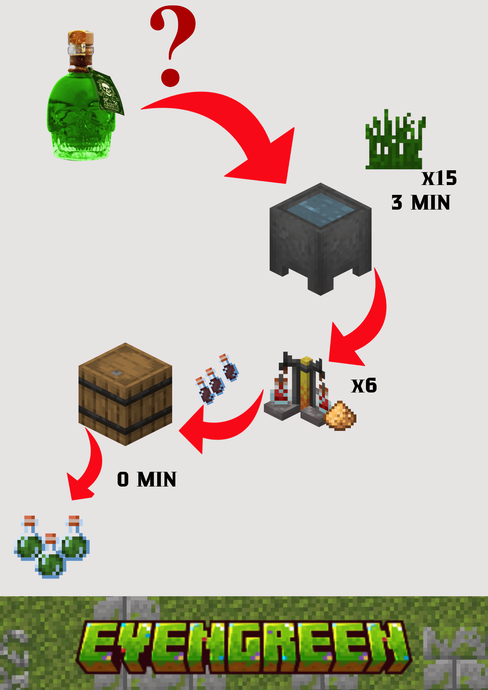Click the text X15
pos(439,178)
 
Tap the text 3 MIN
pos(421,203)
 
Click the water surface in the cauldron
pos(320,209)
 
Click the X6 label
pos(364,386)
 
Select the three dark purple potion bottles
pos(217,380)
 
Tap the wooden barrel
pos(125,395)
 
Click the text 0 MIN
pos(147,479)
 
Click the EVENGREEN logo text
pos(243,645)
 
